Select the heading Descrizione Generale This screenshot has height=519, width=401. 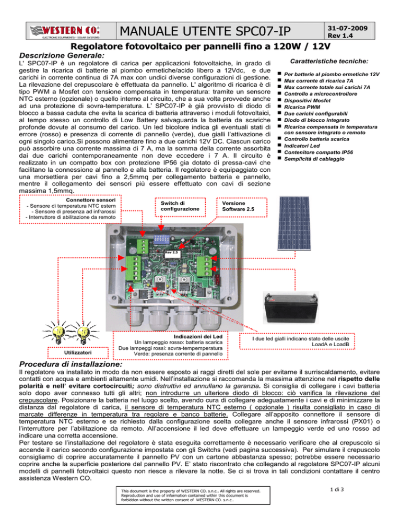coord(62,55)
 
